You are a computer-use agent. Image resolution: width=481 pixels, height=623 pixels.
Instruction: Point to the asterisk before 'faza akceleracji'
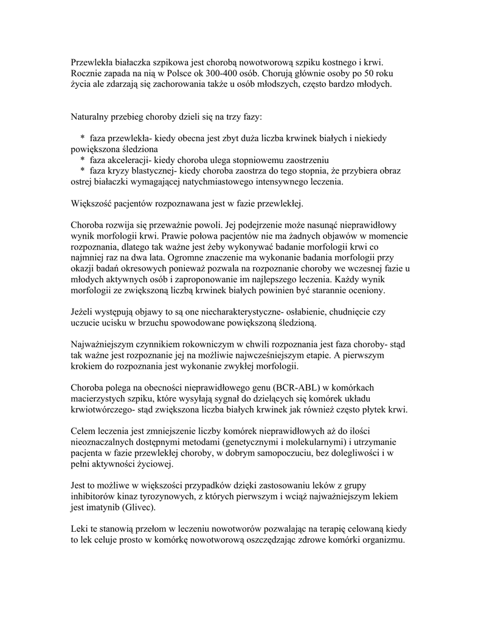point(82,160)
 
